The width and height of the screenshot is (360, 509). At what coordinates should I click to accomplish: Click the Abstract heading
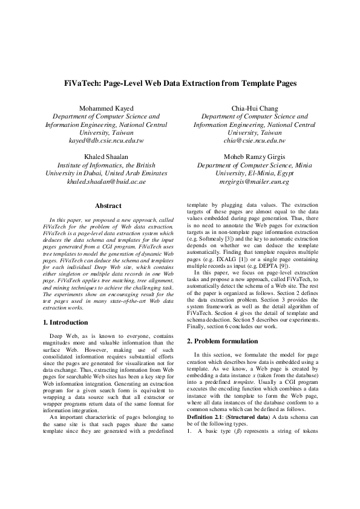108,206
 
